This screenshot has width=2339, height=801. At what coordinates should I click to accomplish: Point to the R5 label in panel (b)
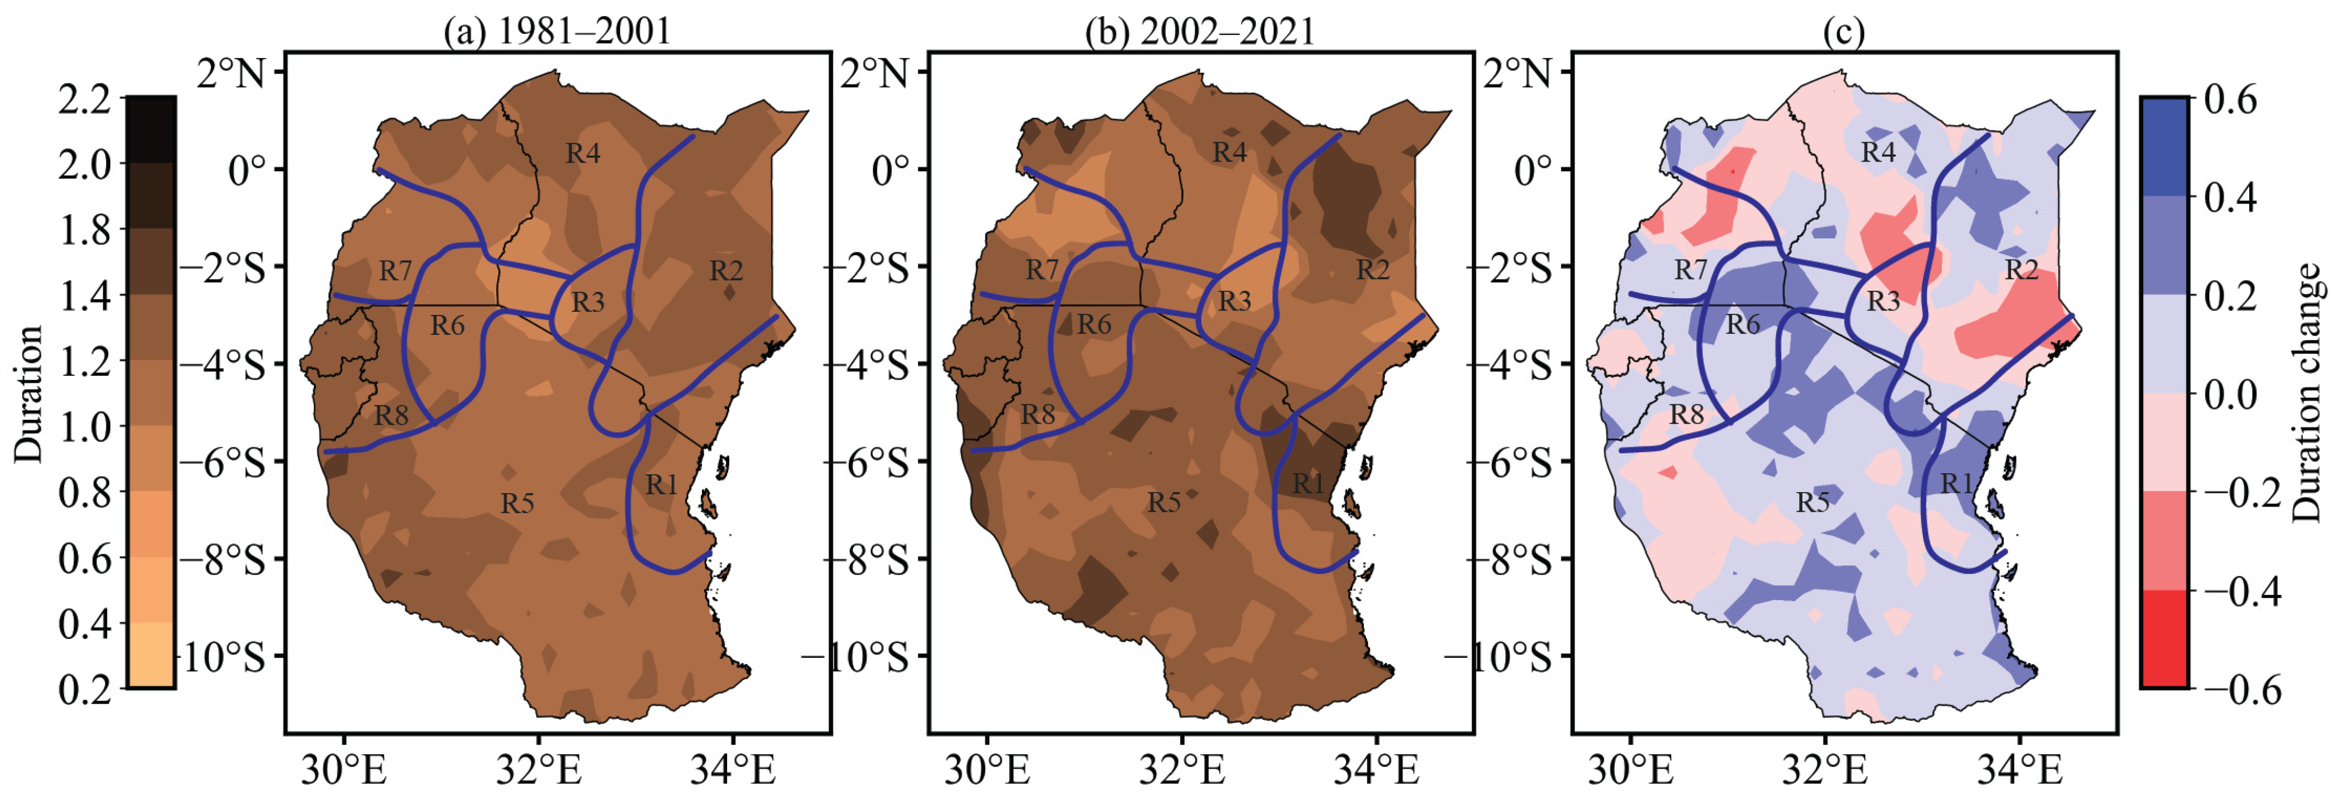[x=1164, y=502]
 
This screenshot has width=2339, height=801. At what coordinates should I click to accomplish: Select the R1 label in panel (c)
[x=1956, y=483]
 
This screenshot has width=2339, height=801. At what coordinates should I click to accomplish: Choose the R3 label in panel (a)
[x=588, y=301]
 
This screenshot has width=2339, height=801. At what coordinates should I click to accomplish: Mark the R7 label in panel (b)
[x=1042, y=270]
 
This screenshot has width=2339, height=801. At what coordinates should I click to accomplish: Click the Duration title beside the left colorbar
[x=29, y=394]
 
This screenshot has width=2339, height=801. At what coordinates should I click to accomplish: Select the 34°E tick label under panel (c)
[x=2019, y=770]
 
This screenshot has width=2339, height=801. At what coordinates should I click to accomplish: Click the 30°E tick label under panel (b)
[x=987, y=770]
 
